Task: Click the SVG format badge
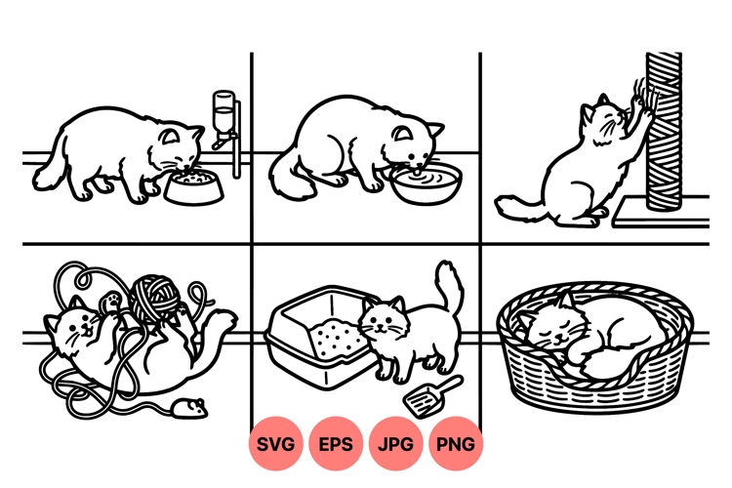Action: click(276, 444)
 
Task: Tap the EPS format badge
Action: click(337, 444)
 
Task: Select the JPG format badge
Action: click(396, 444)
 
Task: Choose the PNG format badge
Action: click(456, 444)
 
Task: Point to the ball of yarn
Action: click(154, 295)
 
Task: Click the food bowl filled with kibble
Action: click(193, 186)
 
